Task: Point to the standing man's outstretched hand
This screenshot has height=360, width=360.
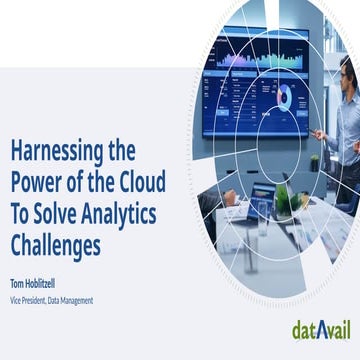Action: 319,134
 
